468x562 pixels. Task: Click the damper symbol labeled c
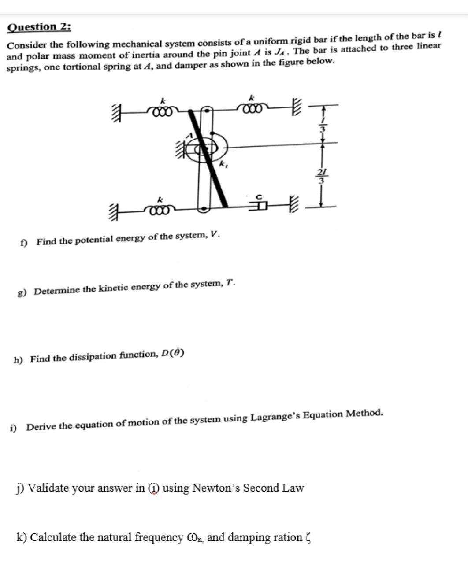pos(260,205)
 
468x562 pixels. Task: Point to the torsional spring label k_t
pos(223,165)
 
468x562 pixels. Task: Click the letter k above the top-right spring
pos(252,96)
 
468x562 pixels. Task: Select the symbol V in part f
pos(214,234)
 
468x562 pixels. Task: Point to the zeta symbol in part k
pos(308,538)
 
